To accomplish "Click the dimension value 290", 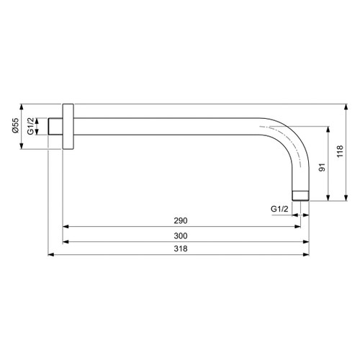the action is [181, 220].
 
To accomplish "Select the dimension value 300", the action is [181, 236].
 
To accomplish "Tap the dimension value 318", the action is [181, 248].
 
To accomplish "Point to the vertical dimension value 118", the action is [340, 151].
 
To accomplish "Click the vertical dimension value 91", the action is [323, 167].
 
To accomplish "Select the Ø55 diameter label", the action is [15, 125].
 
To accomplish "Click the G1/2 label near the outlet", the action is [279, 209].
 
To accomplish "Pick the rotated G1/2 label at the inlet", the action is [30, 127].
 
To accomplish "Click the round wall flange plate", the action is [68, 127].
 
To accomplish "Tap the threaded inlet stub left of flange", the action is [55, 127].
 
